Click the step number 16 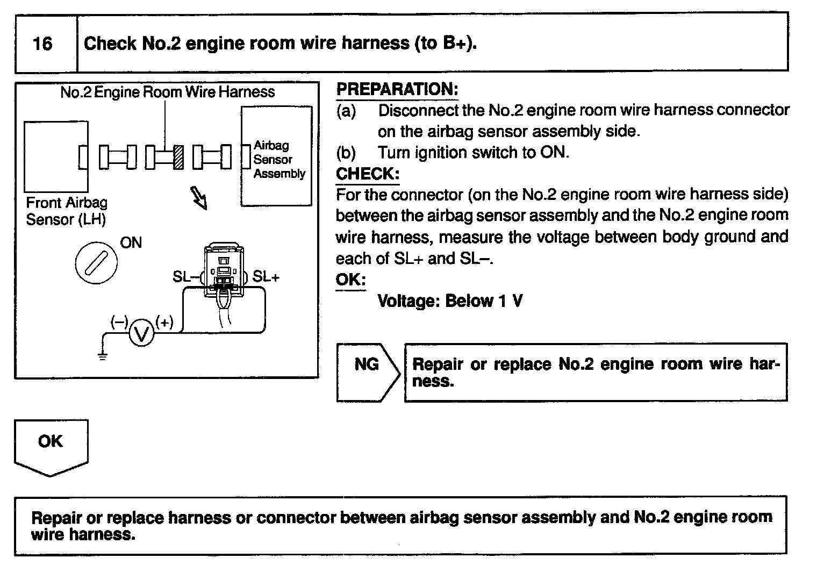point(42,43)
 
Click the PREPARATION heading point(397,89)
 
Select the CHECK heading point(367,174)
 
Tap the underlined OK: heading point(350,280)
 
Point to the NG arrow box point(368,372)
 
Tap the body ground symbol point(103,354)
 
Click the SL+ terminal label point(266,276)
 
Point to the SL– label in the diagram point(185,277)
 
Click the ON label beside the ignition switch point(131,243)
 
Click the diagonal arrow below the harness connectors point(198,198)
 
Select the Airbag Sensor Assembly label point(279,160)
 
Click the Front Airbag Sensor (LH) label point(66,211)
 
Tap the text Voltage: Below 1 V point(450,301)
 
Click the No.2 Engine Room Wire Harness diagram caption point(167,92)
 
